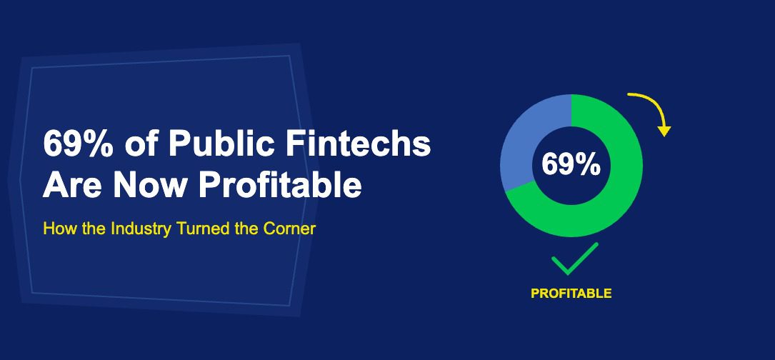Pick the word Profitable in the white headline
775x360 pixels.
[x=280, y=186]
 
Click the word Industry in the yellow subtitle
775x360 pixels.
[x=128, y=230]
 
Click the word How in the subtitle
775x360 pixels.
[x=55, y=230]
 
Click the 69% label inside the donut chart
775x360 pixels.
[x=571, y=165]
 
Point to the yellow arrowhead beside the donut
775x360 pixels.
[x=665, y=131]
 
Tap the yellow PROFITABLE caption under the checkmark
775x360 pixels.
[x=571, y=294]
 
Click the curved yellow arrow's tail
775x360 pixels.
[x=631, y=94]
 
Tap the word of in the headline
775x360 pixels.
[x=139, y=146]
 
